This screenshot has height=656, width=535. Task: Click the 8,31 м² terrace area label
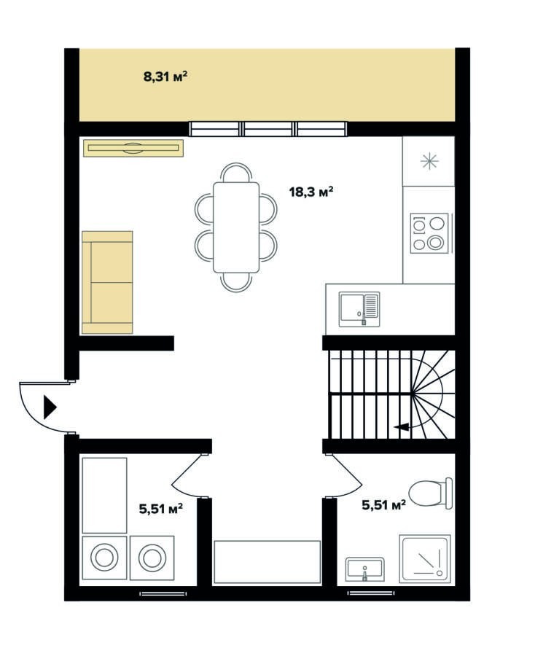tap(165, 77)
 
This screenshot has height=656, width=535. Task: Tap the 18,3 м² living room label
tap(311, 192)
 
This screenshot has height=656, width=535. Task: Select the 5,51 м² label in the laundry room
tap(160, 509)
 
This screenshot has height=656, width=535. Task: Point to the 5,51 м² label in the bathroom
tap(383, 505)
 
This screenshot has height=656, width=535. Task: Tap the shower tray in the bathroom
tap(424, 558)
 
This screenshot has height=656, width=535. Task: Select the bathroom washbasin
tap(364, 569)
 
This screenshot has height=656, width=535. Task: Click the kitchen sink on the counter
tap(359, 309)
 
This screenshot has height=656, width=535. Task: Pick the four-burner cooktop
tap(429, 233)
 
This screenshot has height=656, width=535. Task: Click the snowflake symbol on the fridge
tap(429, 162)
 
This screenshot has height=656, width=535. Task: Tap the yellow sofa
tap(107, 282)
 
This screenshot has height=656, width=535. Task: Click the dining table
tap(236, 227)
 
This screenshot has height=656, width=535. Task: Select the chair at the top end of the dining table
tap(236, 173)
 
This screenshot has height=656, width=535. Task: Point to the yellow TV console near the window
tap(133, 148)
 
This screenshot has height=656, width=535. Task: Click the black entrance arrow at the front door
tap(50, 407)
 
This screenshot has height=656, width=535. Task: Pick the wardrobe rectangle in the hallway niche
tap(267, 562)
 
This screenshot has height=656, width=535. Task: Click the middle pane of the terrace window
tap(267, 129)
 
